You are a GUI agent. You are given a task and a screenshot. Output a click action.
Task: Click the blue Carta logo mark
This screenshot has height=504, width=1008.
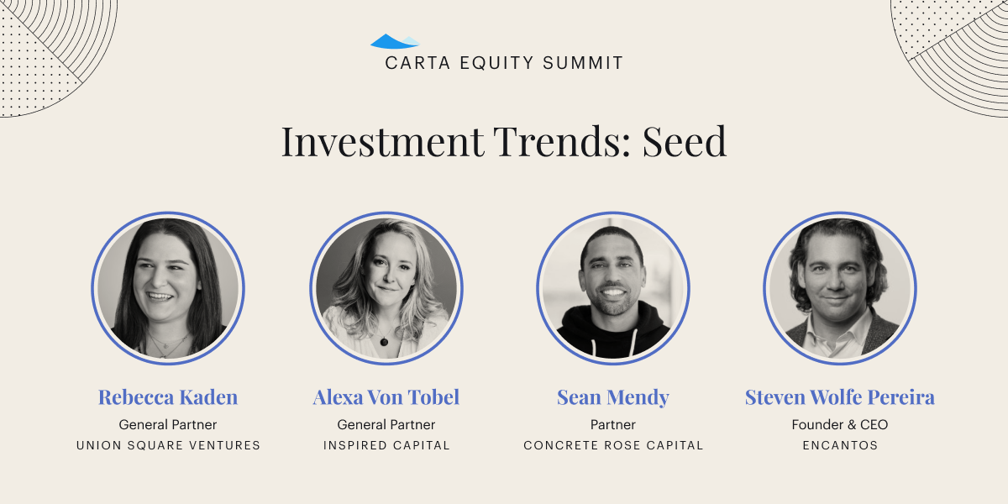pos(395,41)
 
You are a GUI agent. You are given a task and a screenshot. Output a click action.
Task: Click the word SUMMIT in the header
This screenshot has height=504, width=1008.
pos(583,63)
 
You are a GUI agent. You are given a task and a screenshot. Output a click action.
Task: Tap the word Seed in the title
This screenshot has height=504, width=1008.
pos(684,142)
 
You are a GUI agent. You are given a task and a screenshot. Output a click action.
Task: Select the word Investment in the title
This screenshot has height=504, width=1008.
pos(382,142)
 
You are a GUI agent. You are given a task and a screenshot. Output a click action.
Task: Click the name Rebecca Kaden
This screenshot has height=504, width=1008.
pos(168,397)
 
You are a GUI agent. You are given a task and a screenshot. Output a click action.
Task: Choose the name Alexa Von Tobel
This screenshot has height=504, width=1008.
pos(386,397)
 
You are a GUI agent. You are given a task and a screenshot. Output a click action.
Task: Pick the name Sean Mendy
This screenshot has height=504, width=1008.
pos(613,397)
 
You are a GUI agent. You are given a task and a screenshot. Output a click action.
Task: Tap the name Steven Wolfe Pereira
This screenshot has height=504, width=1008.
pos(840,397)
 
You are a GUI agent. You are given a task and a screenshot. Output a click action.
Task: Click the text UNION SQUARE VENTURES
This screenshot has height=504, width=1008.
pos(168,445)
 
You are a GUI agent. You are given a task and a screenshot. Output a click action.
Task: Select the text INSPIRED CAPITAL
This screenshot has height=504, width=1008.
pos(386,445)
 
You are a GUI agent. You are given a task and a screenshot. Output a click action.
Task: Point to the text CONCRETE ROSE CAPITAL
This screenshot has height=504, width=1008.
pos(613,445)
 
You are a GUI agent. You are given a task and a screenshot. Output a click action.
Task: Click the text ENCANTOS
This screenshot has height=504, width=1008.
pos(840,445)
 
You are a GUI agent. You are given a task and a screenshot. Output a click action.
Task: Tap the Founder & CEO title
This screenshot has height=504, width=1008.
pos(840,424)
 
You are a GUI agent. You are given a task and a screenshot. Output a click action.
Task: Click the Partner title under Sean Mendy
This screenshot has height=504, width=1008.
pos(613,424)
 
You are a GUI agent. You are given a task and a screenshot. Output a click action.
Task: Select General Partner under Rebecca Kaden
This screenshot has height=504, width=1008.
pos(168,424)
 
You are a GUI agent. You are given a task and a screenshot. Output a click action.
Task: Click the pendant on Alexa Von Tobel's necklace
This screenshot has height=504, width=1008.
pos(384,342)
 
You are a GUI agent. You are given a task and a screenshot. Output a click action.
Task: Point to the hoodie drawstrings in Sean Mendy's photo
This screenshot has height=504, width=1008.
pos(613,344)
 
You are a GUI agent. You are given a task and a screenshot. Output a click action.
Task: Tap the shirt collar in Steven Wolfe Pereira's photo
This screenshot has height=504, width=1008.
pos(836,333)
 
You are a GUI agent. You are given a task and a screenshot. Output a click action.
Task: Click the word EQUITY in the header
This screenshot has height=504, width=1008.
pos(496,63)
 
